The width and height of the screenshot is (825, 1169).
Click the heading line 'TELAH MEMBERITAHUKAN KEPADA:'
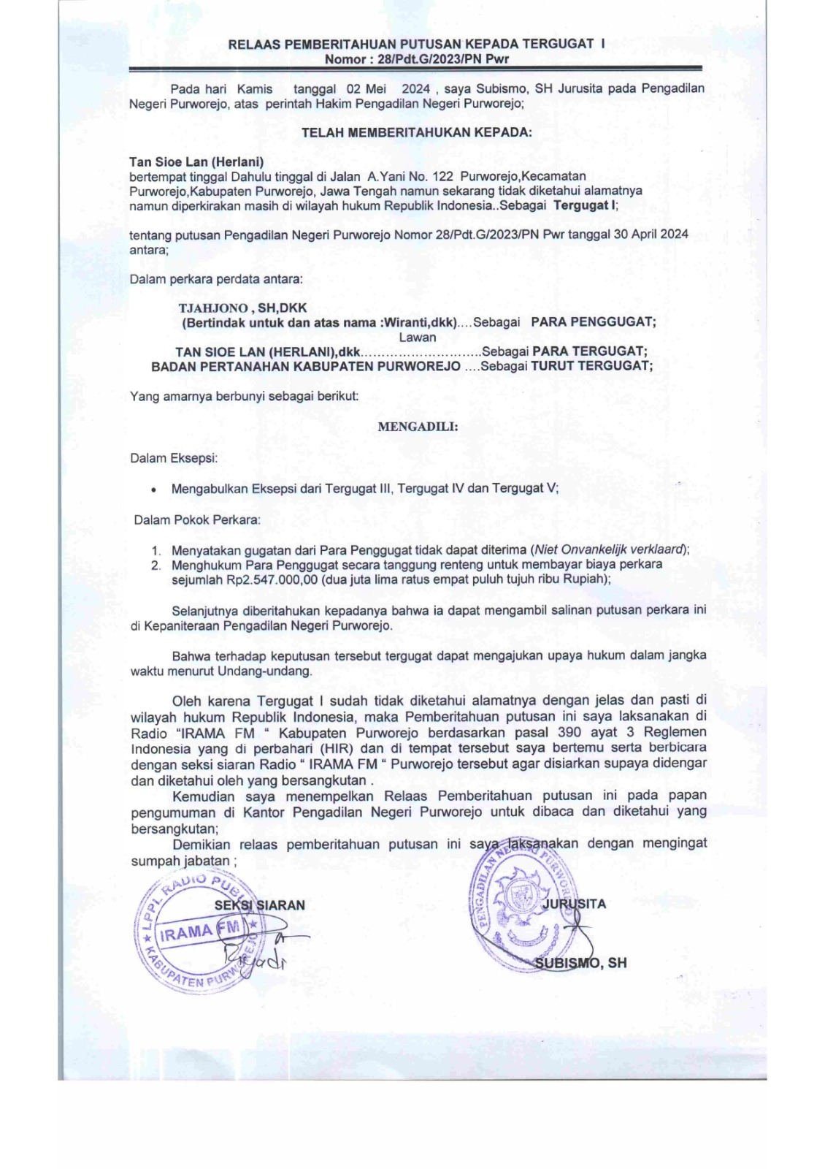[416, 133]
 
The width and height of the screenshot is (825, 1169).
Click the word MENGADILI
[418, 427]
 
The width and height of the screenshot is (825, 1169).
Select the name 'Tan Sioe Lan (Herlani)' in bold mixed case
[196, 162]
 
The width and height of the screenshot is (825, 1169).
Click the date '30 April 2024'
[650, 235]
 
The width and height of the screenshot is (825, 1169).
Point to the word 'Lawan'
[417, 338]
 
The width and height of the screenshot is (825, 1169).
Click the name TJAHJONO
[213, 308]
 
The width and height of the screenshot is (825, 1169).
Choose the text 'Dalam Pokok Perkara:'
[196, 520]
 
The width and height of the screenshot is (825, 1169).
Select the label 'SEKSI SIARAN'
[259, 905]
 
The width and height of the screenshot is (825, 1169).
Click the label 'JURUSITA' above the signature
[574, 904]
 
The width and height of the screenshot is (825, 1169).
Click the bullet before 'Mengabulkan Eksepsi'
[153, 490]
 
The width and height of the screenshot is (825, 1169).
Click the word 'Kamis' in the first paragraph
[255, 88]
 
